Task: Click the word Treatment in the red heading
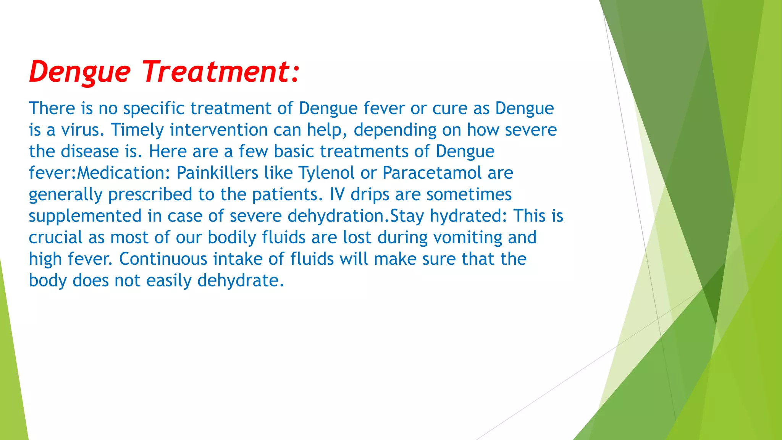coord(216,71)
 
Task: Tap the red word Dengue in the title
coord(80,71)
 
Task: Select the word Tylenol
coord(326,173)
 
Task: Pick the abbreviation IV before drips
coord(337,194)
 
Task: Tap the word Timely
coord(137,130)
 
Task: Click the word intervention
coord(218,130)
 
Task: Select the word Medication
coord(123,173)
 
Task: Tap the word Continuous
coord(163,259)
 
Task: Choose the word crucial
coord(56,238)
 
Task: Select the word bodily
coord(232,238)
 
